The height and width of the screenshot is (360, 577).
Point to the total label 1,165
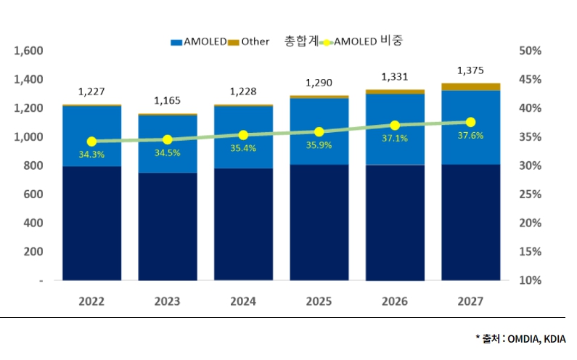coord(167,101)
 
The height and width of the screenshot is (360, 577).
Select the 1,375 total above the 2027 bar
coord(470,70)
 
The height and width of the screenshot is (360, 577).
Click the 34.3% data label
coord(91,155)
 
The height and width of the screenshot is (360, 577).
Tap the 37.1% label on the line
coord(395,138)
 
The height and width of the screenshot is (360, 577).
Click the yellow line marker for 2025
coord(319,132)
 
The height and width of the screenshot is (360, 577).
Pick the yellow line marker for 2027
coord(470,122)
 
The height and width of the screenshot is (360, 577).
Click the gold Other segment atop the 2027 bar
coord(470,87)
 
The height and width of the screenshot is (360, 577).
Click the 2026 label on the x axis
coord(395,301)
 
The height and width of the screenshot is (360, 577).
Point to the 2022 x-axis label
coord(91,301)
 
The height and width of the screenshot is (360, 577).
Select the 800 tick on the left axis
coord(33,165)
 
